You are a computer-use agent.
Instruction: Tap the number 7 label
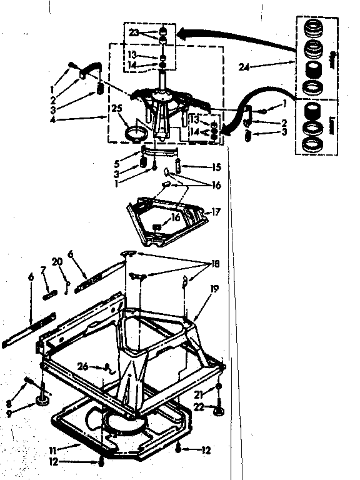point(43,269)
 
